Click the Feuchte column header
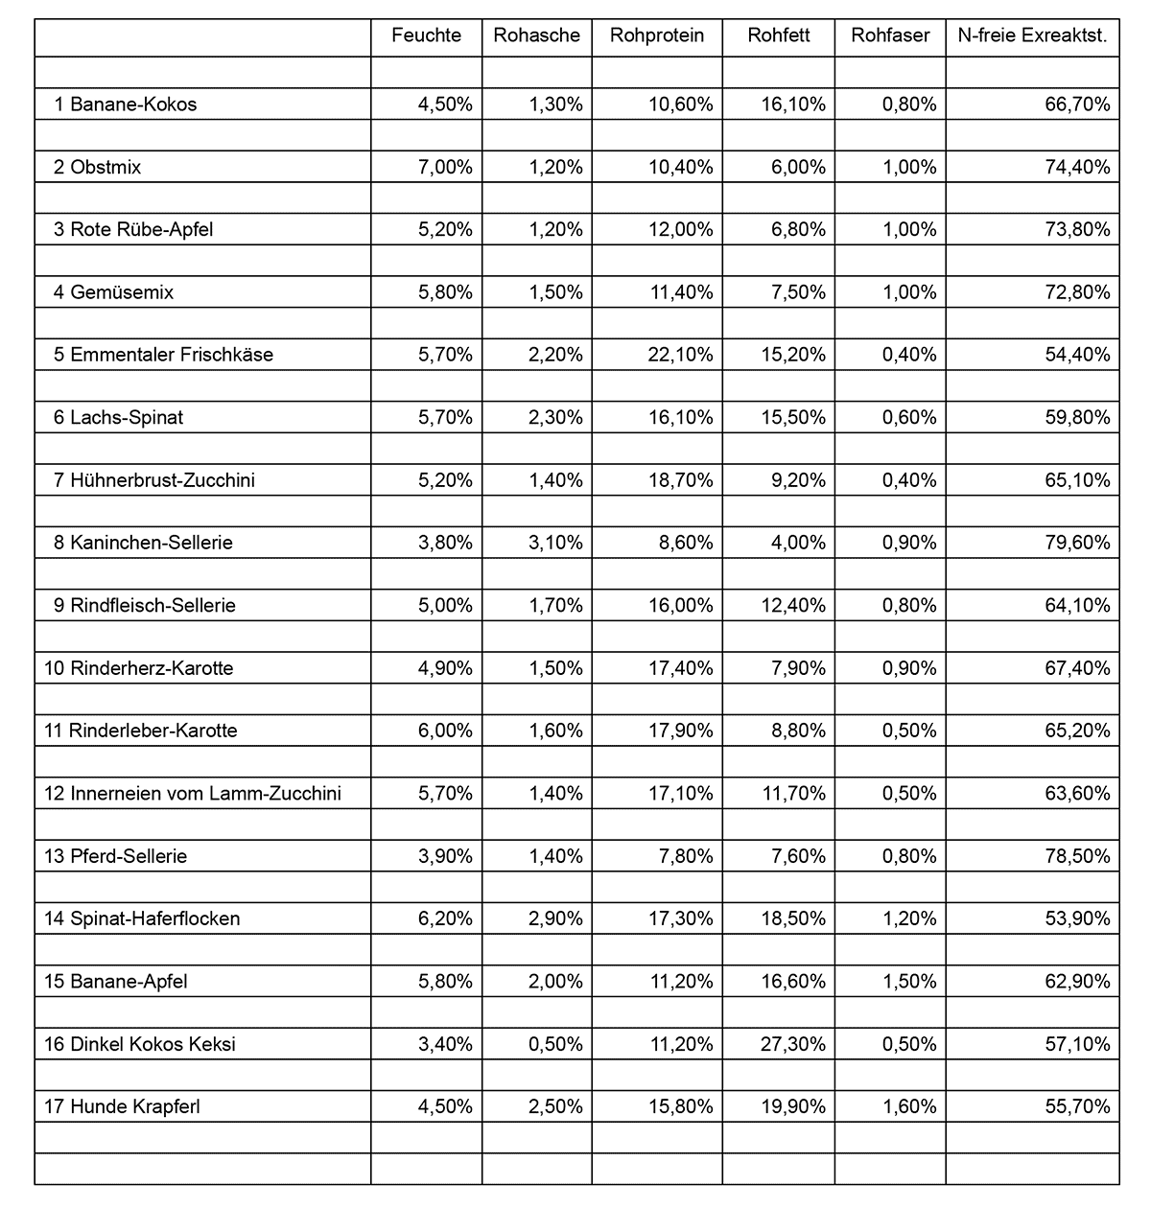(x=426, y=36)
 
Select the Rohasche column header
(x=536, y=36)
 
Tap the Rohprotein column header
(x=657, y=36)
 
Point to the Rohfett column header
(x=779, y=36)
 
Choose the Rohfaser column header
(x=890, y=36)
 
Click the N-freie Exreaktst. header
(x=1032, y=36)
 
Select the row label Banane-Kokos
(x=132, y=105)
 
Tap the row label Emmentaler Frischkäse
(x=172, y=355)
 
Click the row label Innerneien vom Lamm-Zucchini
(x=205, y=794)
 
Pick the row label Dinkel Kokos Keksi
(x=153, y=1044)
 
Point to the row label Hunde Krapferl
(x=135, y=1106)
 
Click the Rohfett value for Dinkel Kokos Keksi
(x=793, y=1044)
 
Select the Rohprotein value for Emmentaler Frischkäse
(x=681, y=355)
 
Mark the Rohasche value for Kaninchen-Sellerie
(x=555, y=543)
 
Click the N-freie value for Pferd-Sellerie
(x=1077, y=856)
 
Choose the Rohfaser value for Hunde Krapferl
(x=909, y=1106)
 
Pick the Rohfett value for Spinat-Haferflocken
(x=793, y=918)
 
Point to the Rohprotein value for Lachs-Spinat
(x=681, y=418)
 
